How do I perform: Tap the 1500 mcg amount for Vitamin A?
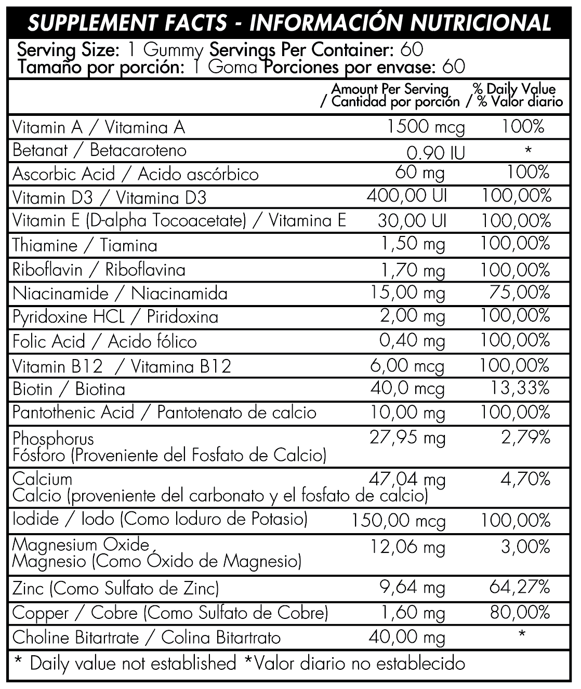click(426, 127)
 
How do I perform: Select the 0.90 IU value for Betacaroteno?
click(435, 152)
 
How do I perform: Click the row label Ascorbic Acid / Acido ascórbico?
click(135, 174)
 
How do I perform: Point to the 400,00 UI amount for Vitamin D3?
click(406, 196)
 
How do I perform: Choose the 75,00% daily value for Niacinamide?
click(519, 293)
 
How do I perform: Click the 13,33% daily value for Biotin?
click(519, 388)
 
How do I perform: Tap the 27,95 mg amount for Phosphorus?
click(407, 438)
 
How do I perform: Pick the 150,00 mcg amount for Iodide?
click(398, 520)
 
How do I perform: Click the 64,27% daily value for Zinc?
click(519, 587)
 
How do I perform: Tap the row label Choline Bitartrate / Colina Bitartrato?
click(146, 637)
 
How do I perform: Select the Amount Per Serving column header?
click(390, 89)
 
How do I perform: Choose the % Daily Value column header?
click(514, 89)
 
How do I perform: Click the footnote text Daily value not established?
click(133, 664)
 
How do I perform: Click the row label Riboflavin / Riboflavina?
click(99, 270)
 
